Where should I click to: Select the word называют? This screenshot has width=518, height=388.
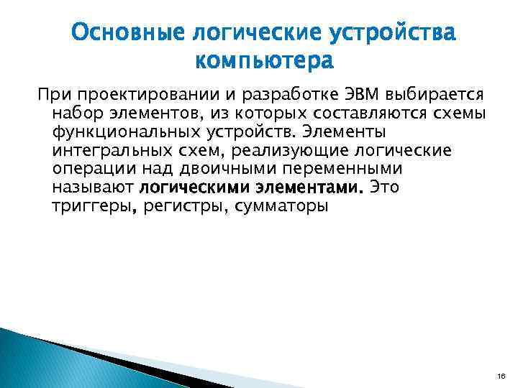click(x=93, y=188)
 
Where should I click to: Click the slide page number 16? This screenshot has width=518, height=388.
click(x=500, y=375)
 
